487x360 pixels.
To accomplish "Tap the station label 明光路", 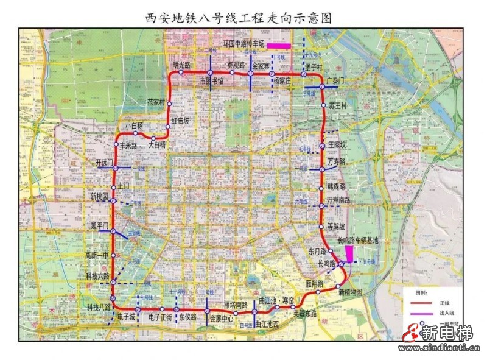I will (x=181, y=65).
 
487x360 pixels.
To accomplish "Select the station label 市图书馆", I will (x=212, y=80).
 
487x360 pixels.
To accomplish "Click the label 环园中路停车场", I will (x=243, y=44).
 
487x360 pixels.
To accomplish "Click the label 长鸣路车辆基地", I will (x=357, y=241).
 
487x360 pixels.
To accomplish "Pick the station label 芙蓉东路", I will (x=305, y=314).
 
